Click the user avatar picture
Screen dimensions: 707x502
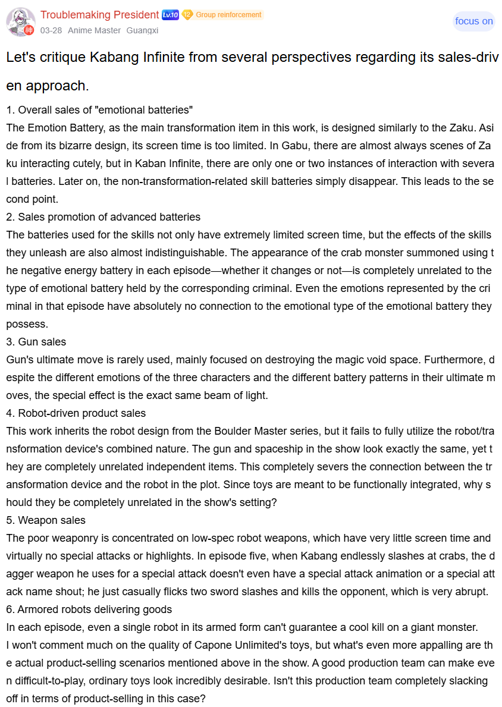click(x=20, y=21)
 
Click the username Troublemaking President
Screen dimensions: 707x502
click(x=99, y=15)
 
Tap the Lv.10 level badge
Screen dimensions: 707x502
click(x=170, y=15)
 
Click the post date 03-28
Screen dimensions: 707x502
click(x=50, y=30)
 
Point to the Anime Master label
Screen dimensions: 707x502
click(x=94, y=30)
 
